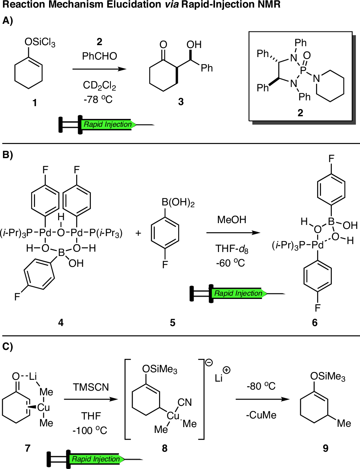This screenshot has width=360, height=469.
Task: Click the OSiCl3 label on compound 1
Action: tap(40, 42)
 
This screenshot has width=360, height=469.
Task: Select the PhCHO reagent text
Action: tap(100, 56)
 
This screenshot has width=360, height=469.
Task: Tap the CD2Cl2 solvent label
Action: tap(100, 86)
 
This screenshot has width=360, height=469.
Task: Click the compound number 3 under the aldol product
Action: tap(181, 102)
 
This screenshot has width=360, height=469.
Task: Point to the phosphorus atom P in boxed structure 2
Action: tap(303, 71)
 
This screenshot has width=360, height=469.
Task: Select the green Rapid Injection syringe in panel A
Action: tap(107, 125)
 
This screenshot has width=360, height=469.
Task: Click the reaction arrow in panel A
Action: tap(100, 69)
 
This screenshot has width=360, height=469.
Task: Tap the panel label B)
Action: tap(8, 155)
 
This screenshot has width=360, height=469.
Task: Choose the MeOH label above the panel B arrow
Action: tap(232, 220)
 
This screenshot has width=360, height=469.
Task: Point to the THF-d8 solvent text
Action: tap(232, 249)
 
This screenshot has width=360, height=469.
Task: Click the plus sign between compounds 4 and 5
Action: tap(138, 233)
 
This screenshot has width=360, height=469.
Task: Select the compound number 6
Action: tap(315, 322)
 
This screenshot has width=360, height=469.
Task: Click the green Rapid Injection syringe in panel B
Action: tap(238, 294)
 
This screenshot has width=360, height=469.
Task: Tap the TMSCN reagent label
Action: tap(91, 387)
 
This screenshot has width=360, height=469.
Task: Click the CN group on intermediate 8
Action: tap(185, 402)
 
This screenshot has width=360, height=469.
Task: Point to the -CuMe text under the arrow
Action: tap(261, 415)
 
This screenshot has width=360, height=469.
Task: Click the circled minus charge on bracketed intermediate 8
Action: tap(209, 362)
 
